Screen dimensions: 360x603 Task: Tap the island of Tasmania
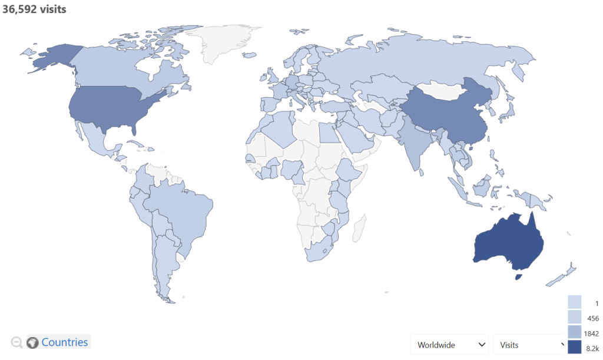pyautogui.click(x=518, y=277)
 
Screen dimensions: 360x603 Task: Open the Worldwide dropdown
pyautogui.click(x=450, y=344)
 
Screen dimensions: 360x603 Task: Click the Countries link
pyautogui.click(x=65, y=342)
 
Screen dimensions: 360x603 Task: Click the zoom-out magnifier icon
pyautogui.click(x=17, y=342)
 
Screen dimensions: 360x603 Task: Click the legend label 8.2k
pyautogui.click(x=592, y=349)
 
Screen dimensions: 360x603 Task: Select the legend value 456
pyautogui.click(x=592, y=319)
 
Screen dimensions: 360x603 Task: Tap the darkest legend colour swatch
pyautogui.click(x=575, y=348)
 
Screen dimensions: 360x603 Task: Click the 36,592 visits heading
pyautogui.click(x=34, y=9)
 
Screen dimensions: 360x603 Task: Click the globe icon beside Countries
pyautogui.click(x=33, y=342)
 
